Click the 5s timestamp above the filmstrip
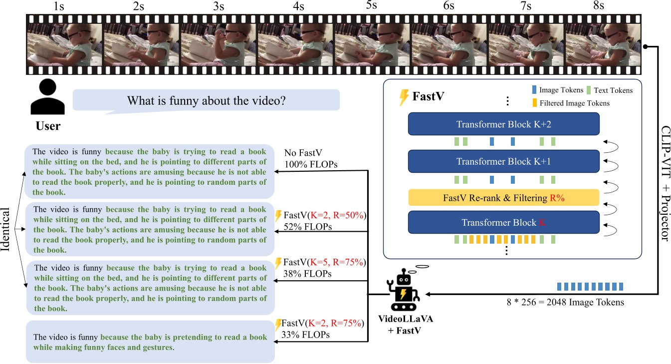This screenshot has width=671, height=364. click(372, 6)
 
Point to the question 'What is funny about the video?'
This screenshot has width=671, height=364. click(206, 100)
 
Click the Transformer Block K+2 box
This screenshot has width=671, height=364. click(503, 124)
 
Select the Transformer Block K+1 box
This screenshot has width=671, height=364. click(503, 161)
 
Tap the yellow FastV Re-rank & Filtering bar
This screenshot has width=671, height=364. click(503, 198)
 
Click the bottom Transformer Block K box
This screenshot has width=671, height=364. click(503, 223)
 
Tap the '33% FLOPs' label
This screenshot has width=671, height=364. click(306, 335)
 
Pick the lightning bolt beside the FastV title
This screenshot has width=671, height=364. click(404, 97)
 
